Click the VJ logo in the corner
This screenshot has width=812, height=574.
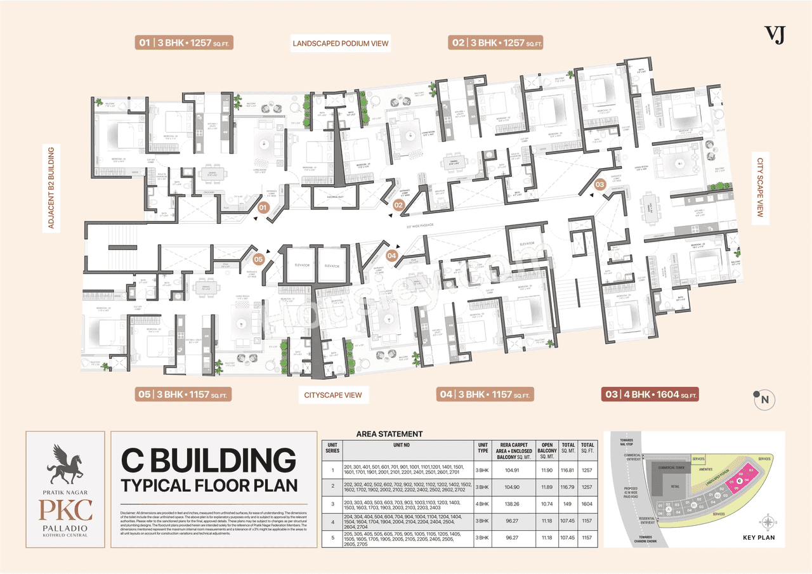tap(775, 35)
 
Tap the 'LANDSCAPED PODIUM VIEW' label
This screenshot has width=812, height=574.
tap(340, 44)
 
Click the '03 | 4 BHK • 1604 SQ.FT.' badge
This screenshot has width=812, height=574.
tap(650, 395)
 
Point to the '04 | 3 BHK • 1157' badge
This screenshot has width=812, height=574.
tap(485, 395)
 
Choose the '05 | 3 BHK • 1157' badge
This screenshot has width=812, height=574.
tap(182, 395)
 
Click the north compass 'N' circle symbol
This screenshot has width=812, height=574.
tap(764, 399)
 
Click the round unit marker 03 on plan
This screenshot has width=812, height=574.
tap(599, 184)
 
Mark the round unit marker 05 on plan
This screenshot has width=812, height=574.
tap(258, 259)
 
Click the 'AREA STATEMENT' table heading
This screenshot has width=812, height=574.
tap(389, 434)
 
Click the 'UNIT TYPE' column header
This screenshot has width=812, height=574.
tap(483, 448)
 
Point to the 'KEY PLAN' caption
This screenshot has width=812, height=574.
tap(759, 537)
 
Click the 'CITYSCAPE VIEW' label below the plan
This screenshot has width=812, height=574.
tap(333, 395)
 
